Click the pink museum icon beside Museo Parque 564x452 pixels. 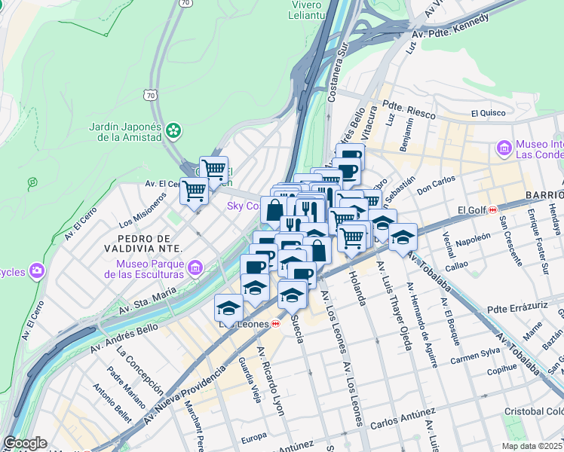[195, 267]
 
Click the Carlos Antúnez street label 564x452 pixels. [403, 417]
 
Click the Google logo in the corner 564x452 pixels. [25, 443]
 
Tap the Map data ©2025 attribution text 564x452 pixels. [532, 446]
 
